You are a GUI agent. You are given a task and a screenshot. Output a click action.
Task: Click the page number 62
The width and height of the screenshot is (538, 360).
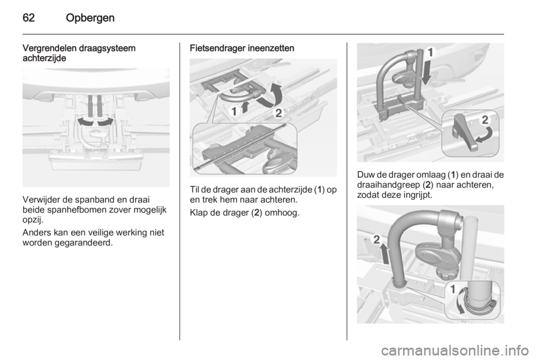tap(29, 17)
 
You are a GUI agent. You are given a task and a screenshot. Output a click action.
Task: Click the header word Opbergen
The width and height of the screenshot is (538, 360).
tap(90, 18)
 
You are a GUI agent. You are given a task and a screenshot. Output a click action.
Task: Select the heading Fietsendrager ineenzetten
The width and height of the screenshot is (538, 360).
tap(242, 48)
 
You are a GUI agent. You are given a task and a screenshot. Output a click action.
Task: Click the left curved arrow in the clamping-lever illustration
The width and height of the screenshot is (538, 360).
tap(85, 122)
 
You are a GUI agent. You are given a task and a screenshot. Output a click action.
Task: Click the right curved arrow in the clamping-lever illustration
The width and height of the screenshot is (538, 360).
tap(105, 122)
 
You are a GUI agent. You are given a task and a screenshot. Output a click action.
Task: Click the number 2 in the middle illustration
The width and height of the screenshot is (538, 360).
tap(279, 113)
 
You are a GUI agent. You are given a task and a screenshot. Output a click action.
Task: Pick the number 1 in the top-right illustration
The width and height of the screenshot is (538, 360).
tap(430, 53)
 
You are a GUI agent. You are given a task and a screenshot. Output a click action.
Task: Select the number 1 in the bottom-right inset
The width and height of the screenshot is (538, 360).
tap(453, 290)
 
